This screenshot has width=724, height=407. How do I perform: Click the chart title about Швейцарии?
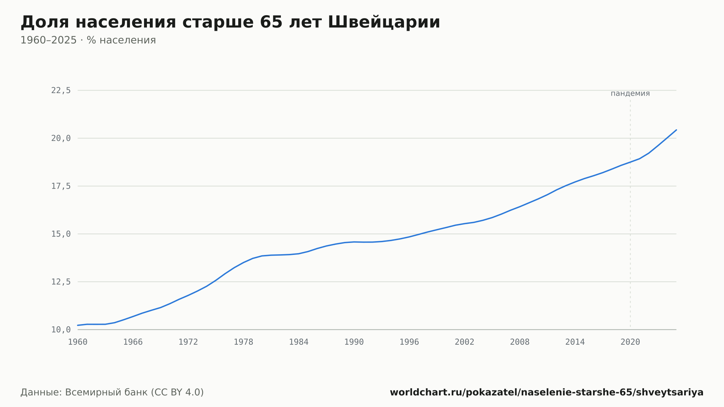coord(230,22)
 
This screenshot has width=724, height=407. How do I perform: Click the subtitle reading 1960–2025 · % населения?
coord(88,40)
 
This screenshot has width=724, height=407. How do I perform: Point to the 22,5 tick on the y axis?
coord(61,91)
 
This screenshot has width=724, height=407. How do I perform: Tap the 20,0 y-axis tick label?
coord(61,138)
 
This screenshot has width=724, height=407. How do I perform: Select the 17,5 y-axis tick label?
coord(61,186)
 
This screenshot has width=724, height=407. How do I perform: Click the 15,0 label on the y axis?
coord(61,234)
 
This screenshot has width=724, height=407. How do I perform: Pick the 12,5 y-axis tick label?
coord(61,282)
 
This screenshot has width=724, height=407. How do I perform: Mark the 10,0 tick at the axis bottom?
coord(61,330)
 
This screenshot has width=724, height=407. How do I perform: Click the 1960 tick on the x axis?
coord(78,342)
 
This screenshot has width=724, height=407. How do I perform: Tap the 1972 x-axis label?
coord(188,342)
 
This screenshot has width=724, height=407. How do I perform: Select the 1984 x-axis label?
coord(299,342)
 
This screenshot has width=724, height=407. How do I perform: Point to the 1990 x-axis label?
coord(354,342)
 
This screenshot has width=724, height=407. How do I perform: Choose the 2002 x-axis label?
coord(464,342)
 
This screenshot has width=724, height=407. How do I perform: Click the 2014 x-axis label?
coord(575,342)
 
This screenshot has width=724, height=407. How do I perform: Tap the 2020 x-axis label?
coord(630,342)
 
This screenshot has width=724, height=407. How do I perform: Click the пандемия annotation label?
coord(630,93)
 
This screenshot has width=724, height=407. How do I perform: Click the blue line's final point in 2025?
coord(676,130)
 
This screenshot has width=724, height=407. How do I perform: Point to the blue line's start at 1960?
coord(78,325)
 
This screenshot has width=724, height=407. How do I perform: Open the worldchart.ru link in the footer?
coord(547,393)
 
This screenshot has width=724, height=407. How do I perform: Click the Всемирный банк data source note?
coord(112,393)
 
